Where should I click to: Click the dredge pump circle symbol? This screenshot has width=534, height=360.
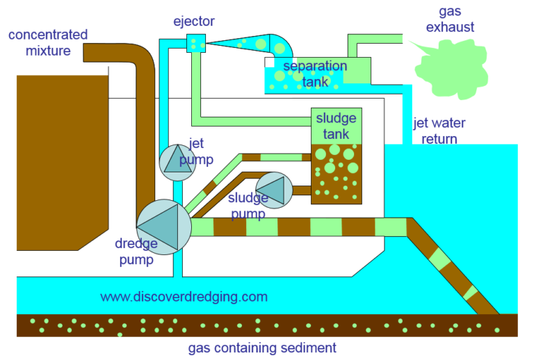164,225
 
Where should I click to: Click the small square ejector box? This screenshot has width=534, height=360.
195,44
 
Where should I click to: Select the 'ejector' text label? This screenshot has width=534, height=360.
194,21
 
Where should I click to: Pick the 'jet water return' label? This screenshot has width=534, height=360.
439,131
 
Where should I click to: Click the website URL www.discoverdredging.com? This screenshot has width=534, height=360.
184,297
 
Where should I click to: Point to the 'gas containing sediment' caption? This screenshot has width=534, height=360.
262,347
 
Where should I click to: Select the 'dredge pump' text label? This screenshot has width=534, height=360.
136,249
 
